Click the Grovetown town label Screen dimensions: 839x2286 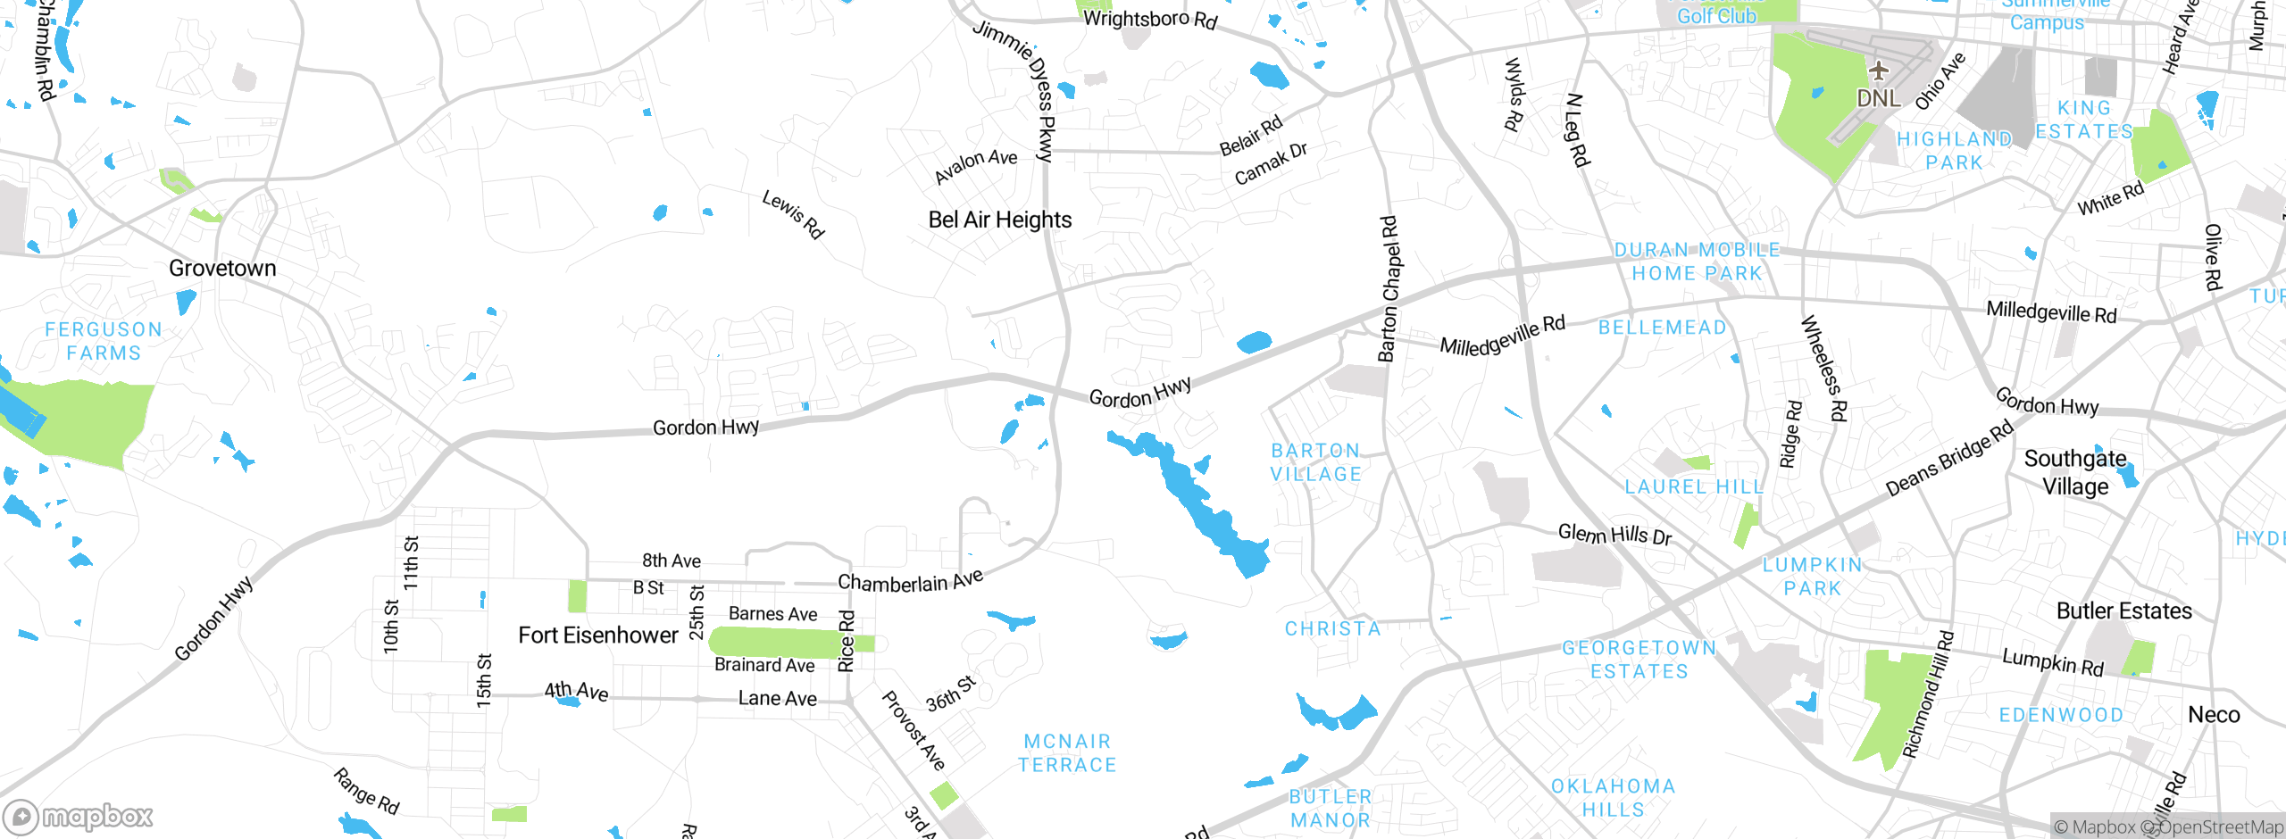(222, 268)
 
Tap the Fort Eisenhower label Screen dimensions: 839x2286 (597, 635)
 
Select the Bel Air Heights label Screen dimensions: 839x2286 (999, 220)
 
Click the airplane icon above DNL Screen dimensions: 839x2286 (1878, 71)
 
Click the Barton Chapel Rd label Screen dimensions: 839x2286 (1389, 288)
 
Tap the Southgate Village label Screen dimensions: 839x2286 (2075, 472)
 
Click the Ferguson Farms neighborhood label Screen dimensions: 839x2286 (104, 341)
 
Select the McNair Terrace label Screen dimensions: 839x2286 (1067, 752)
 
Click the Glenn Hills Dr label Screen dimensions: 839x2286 (1614, 534)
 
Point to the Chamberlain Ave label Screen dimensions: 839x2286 (910, 581)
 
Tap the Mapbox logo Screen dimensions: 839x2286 (79, 816)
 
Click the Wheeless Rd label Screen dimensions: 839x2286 (1823, 368)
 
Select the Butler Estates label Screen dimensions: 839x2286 (2123, 611)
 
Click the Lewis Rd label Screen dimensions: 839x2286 (793, 214)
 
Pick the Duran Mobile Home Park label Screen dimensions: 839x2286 (1697, 262)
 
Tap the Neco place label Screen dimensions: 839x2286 (2213, 714)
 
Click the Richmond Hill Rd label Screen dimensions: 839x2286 (1928, 695)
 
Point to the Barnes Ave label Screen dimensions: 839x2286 (772, 613)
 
